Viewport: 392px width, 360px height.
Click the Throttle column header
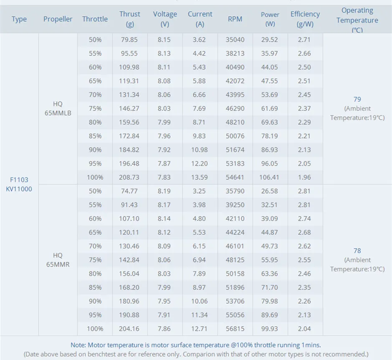point(95,19)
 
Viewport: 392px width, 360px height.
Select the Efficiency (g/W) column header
point(305,19)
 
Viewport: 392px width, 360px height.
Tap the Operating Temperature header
point(357,20)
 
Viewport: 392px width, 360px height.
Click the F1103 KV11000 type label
point(19,184)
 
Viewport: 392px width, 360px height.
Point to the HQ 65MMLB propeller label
point(58,108)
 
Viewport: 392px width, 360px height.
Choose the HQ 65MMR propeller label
point(58,259)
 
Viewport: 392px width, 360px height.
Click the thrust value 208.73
point(129,177)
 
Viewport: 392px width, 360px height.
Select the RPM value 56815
point(235,329)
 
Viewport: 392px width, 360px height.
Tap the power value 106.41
point(270,177)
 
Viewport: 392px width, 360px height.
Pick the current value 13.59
point(200,177)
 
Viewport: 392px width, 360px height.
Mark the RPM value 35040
point(235,40)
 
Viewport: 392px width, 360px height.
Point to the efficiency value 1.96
point(304,177)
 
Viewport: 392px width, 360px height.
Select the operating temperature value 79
point(357,99)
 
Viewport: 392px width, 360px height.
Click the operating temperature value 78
point(357,251)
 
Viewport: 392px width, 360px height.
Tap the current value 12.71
point(200,329)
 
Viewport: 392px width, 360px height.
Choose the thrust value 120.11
point(129,232)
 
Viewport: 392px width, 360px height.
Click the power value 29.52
point(270,40)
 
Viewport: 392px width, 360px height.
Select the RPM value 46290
point(235,108)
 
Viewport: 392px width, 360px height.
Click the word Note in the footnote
point(78,345)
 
